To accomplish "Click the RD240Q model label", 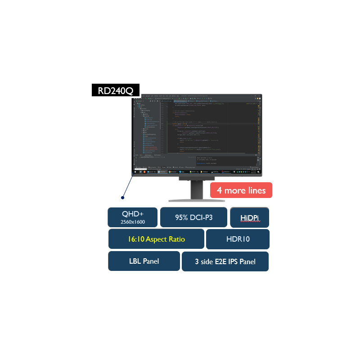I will coord(116,90).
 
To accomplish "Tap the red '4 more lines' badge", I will coord(241,190).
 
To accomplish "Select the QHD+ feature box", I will coord(132,217).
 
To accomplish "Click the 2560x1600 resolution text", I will coord(132,222).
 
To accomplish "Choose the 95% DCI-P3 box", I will coord(193,217).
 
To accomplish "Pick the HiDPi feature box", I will coord(249,218).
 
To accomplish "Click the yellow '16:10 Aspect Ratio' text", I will coord(156,239).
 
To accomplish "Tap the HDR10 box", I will coord(238,239).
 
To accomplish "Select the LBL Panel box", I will coord(144,261).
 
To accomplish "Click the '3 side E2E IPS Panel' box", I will coord(225,261).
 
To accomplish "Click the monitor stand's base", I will coord(196,199).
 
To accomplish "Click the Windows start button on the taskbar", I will coord(135,171).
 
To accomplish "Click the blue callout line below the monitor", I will coord(127,185).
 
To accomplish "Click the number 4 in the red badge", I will coord(219,190).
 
